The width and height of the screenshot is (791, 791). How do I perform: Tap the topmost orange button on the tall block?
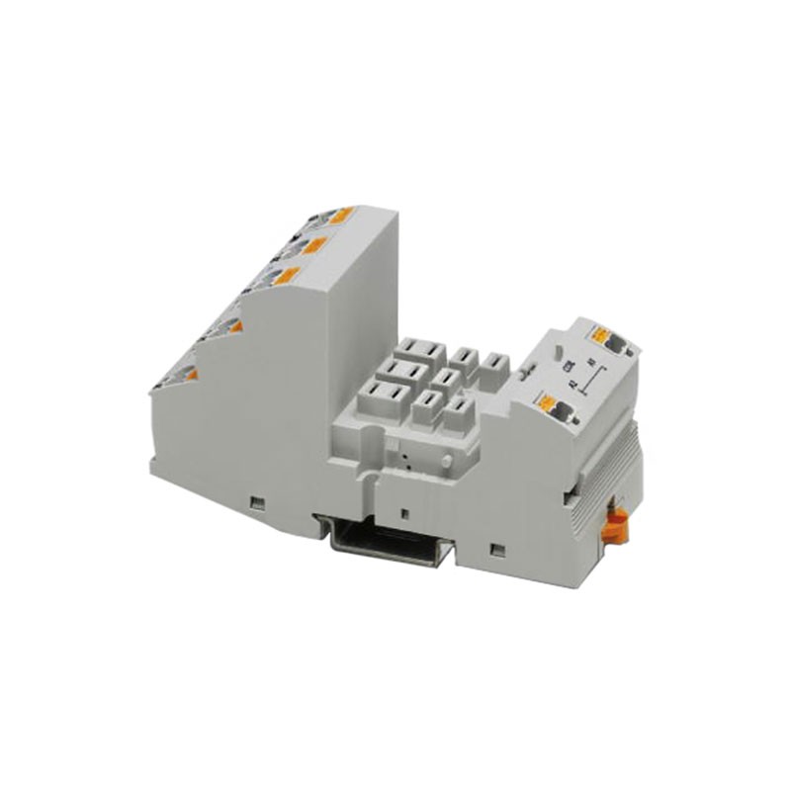click(341, 216)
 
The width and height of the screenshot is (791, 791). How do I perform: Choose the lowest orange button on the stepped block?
click(188, 373)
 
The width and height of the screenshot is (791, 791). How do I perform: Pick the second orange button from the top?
click(315, 244)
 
